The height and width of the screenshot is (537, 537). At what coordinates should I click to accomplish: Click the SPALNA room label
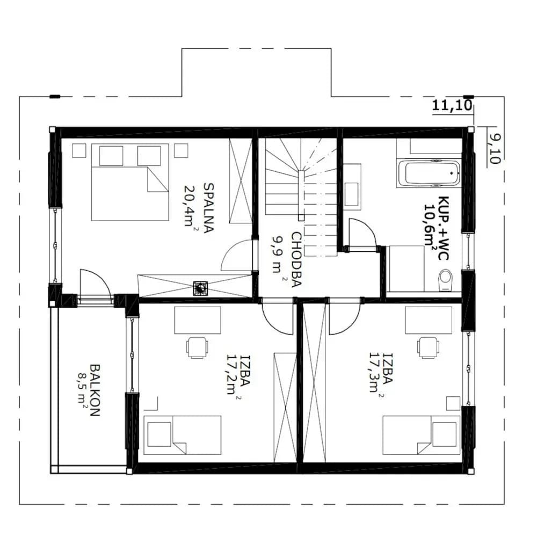coord(208,208)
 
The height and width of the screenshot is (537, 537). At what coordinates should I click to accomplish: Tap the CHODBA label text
coord(296,259)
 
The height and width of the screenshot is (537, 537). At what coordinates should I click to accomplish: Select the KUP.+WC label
coord(444,228)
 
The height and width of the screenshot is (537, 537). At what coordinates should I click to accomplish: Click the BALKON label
coord(95,390)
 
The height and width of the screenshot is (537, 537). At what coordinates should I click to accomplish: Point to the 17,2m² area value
coord(234,375)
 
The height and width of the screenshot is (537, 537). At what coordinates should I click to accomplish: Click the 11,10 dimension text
coord(452,105)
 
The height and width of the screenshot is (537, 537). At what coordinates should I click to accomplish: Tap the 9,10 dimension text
coord(495,149)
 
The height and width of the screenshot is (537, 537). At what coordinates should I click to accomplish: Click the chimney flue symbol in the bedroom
coord(200,288)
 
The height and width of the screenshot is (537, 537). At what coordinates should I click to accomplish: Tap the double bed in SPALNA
coord(130,182)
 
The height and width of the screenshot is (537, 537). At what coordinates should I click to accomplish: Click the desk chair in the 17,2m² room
coord(197,347)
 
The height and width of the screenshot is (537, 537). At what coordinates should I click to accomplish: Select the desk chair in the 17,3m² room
coord(428,347)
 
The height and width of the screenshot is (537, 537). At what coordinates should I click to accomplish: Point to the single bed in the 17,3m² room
coord(421,436)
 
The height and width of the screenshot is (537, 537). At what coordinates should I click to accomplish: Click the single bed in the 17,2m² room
coord(182,436)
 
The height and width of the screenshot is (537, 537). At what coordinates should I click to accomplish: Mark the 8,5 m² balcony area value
coord(82,390)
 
